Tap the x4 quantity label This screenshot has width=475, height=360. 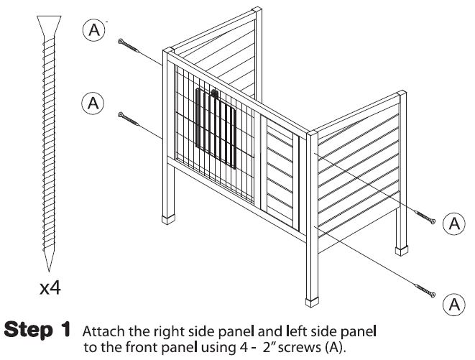click(50, 289)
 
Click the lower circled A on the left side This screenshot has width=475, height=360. click(92, 103)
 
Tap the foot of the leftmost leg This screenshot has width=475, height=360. click(170, 217)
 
